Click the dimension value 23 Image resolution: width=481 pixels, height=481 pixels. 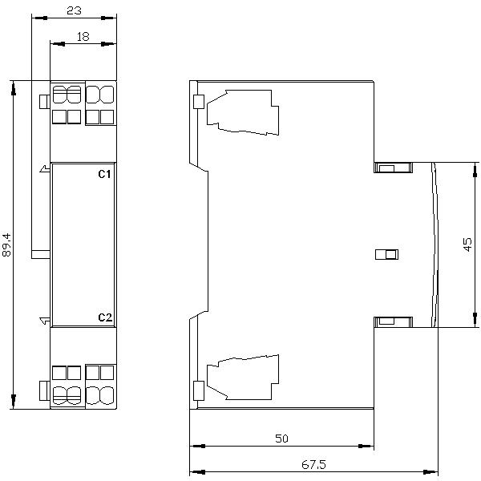coord(73,12)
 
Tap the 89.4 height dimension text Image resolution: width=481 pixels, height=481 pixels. coord(7,245)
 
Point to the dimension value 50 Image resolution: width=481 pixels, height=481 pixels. coord(281,439)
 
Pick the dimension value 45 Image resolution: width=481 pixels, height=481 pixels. coord(469,245)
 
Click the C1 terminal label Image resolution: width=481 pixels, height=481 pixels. coord(104,174)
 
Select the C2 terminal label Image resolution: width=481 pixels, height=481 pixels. coord(104,317)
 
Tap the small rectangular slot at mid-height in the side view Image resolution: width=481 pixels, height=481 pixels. coord(386,255)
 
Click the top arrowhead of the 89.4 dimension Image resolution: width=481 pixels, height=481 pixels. coord(14,86)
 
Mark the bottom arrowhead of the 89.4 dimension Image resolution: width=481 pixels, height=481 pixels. coord(14,402)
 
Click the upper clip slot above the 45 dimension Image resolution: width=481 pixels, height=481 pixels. coord(392,168)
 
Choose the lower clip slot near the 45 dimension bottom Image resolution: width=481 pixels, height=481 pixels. coord(392,321)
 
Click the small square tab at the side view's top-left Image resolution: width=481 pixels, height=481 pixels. coord(198,102)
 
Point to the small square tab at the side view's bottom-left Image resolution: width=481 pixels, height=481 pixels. coord(198,390)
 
